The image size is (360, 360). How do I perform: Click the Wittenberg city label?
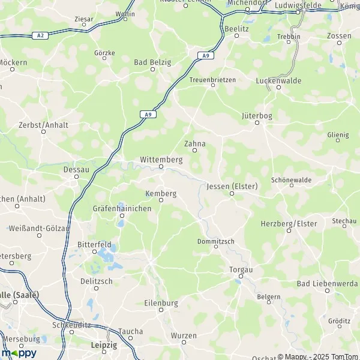(160, 160)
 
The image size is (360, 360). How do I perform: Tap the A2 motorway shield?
(40, 35)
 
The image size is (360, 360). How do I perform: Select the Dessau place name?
(76, 169)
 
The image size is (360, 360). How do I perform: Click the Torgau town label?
(241, 270)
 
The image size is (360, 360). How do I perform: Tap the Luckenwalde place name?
(278, 80)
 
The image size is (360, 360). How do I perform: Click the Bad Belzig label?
(152, 62)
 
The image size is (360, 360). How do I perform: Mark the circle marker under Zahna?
(194, 151)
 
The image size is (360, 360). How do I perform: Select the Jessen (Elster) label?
(232, 187)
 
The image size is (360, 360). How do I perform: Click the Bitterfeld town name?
(94, 245)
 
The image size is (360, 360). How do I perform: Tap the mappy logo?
(19, 353)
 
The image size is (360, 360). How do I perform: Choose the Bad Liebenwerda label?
(327, 283)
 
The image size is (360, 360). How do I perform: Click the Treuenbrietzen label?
(212, 79)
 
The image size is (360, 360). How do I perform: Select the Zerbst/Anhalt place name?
(44, 125)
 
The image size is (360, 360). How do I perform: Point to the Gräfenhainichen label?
(122, 208)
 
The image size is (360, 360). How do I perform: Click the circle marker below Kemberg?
(161, 200)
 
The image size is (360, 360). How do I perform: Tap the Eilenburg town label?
(161, 304)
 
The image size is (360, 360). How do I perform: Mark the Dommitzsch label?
(215, 241)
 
